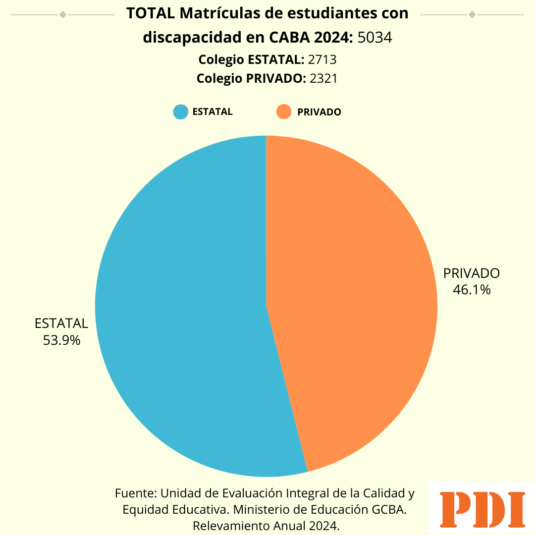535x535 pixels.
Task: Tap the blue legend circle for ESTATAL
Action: coord(181,111)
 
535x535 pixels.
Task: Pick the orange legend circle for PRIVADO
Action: coord(284,111)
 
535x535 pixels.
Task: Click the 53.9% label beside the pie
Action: coord(62,340)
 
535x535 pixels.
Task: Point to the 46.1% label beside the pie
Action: coord(472,290)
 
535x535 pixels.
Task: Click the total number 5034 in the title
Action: coord(375,38)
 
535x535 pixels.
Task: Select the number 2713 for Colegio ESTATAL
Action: coord(322,60)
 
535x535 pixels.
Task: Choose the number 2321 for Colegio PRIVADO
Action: coord(323,78)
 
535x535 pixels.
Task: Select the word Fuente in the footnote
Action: coord(136,493)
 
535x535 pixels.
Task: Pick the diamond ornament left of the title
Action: coord(63,14)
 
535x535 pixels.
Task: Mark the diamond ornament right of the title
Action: coord(472,14)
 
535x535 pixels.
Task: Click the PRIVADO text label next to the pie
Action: coord(472,273)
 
